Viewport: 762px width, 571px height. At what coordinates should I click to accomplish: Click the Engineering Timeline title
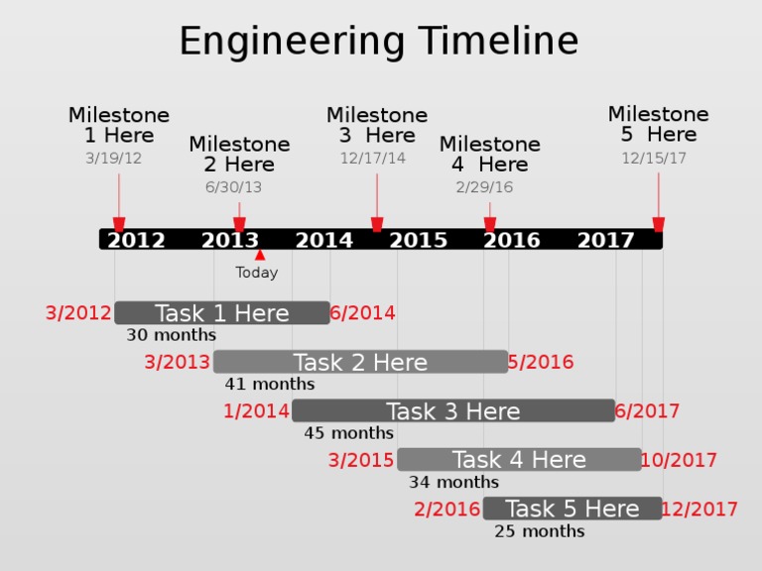click(378, 42)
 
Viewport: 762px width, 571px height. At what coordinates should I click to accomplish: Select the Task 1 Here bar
click(221, 313)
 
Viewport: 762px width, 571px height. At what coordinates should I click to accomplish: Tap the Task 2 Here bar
click(360, 362)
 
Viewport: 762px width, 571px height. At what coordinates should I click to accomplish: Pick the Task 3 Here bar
click(452, 410)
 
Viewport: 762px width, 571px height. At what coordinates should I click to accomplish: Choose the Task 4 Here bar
click(519, 459)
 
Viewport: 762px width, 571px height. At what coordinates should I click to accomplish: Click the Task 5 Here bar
click(571, 509)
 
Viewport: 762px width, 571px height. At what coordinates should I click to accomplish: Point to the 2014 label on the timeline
click(323, 240)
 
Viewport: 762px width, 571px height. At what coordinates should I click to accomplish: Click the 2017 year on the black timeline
click(605, 240)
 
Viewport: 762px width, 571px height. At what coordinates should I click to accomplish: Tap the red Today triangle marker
click(260, 256)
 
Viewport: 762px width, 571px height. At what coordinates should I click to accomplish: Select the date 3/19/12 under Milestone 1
click(113, 158)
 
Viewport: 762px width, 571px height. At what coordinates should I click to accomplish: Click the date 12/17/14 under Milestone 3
click(372, 158)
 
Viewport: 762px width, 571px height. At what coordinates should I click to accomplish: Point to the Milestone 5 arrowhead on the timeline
click(658, 225)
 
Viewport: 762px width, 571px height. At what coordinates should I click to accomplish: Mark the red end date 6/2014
click(362, 313)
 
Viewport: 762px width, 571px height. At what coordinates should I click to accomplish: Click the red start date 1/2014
click(256, 410)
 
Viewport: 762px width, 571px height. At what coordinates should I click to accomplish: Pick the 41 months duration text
click(270, 384)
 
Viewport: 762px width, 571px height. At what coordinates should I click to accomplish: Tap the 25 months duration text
click(540, 531)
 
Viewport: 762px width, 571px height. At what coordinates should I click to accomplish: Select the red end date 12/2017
click(699, 509)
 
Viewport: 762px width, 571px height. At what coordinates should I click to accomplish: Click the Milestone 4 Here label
click(489, 155)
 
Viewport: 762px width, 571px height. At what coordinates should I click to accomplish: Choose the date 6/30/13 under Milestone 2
click(233, 187)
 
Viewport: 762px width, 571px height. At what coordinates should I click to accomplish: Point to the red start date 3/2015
click(361, 460)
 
